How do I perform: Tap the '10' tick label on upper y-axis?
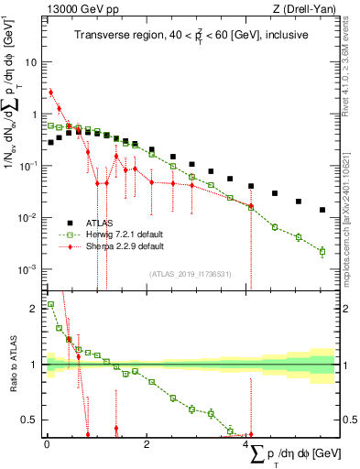(x=31, y=63)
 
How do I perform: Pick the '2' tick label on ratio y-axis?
(x=35, y=309)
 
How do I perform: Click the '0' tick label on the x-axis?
(x=47, y=444)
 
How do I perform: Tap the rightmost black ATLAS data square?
(x=322, y=210)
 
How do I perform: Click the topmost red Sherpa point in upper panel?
(x=51, y=92)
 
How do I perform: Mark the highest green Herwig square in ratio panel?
(x=51, y=304)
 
